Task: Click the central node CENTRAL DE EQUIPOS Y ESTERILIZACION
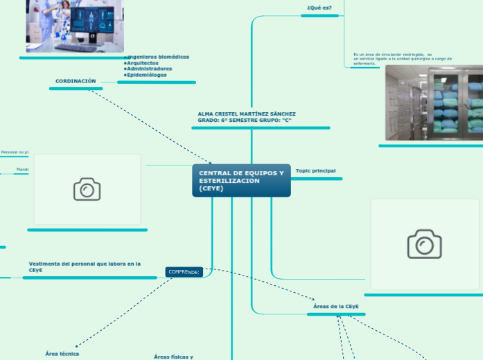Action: (x=241, y=180)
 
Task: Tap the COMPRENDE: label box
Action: (x=184, y=272)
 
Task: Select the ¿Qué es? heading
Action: (x=319, y=8)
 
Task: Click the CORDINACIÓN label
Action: (x=76, y=81)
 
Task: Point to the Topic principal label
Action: (x=315, y=170)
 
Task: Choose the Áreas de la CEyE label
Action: (x=336, y=305)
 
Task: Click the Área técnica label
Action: (x=62, y=354)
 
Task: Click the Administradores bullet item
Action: (x=150, y=69)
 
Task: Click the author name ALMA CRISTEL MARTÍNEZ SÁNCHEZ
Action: (x=247, y=114)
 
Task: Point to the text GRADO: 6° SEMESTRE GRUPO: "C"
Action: (x=245, y=120)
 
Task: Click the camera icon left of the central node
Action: (x=87, y=189)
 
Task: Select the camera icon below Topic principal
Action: (x=425, y=244)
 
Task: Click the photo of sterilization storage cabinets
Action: (x=434, y=102)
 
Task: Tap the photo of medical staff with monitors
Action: (x=75, y=26)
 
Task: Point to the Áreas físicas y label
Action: (x=173, y=357)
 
